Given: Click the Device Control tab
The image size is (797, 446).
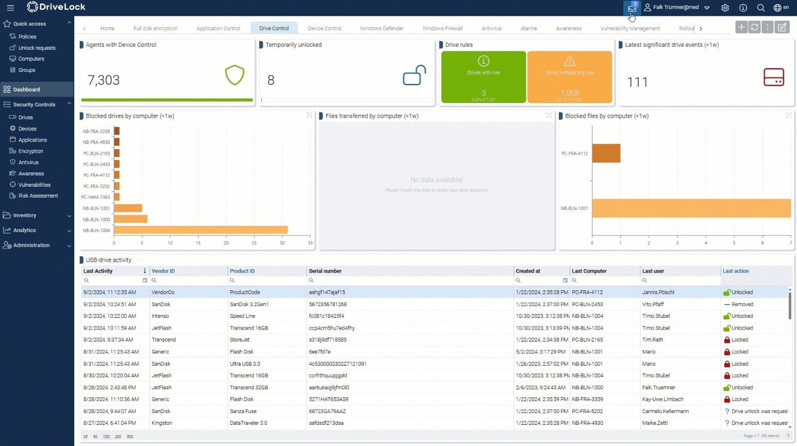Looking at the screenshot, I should (x=324, y=29).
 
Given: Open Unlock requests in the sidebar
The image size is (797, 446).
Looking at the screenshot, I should (x=36, y=48).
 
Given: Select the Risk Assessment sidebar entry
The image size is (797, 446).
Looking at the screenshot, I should (x=38, y=196).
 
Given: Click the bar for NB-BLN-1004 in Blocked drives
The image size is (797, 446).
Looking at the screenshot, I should (x=200, y=230).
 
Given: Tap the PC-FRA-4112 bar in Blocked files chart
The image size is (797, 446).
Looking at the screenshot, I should (x=606, y=153).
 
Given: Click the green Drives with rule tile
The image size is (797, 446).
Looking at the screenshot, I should (x=483, y=77).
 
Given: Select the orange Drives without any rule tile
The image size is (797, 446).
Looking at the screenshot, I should (x=569, y=77).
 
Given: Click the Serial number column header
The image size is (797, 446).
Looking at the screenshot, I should (x=325, y=271).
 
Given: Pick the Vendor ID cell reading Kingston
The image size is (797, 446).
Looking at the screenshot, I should (x=162, y=423).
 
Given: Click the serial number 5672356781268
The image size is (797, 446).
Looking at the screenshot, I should (x=328, y=304).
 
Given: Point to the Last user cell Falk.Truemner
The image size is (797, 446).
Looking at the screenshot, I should (x=658, y=387).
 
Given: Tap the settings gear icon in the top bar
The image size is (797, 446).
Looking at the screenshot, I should (x=725, y=8).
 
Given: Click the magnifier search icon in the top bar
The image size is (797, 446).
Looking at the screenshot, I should (x=761, y=8).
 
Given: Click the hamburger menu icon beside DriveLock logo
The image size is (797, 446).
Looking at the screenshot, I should (x=10, y=8).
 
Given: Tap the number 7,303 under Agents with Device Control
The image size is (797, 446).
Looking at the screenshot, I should (x=103, y=80).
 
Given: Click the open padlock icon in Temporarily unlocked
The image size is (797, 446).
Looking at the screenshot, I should (x=414, y=75).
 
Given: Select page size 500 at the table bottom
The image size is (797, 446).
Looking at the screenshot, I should (x=130, y=437).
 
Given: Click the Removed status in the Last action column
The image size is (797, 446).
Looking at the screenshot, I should (x=742, y=304).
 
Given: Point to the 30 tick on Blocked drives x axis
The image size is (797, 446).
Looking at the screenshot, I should (x=282, y=243).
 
